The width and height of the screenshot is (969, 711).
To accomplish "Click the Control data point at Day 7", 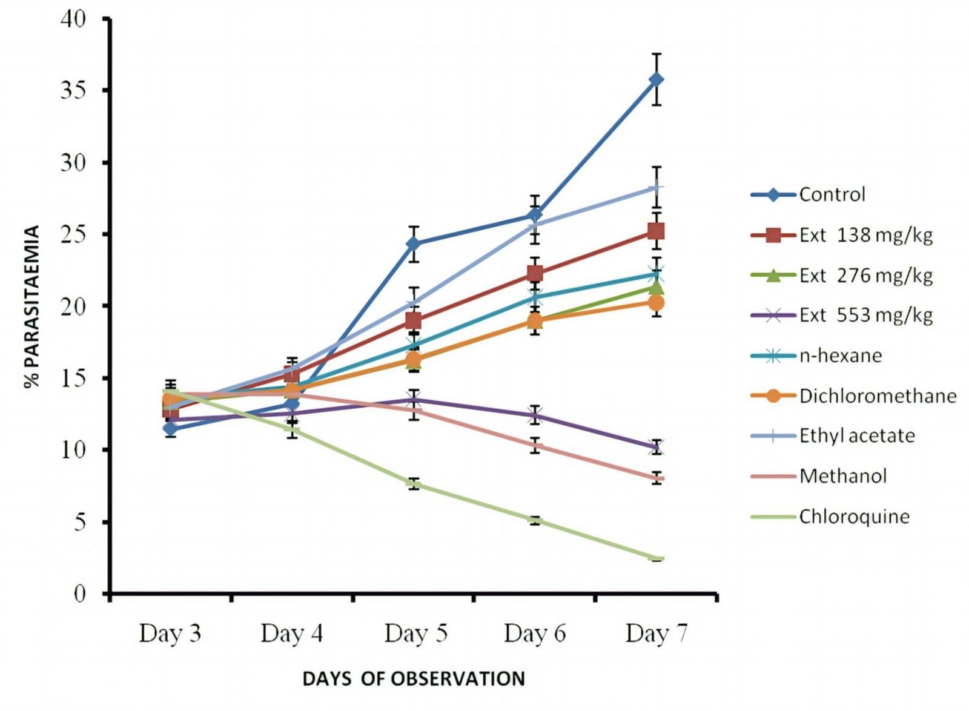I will click(x=656, y=79).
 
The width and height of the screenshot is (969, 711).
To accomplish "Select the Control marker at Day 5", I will click(x=414, y=244).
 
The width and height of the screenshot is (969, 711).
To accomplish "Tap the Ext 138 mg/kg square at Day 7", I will click(x=656, y=231).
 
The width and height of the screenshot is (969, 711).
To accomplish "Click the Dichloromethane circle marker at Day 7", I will click(x=656, y=302).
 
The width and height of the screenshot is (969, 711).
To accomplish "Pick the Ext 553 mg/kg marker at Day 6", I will click(x=535, y=415).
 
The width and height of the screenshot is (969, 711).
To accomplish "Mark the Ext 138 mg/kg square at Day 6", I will click(x=535, y=274).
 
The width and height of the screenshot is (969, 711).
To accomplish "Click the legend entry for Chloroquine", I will click(x=854, y=517).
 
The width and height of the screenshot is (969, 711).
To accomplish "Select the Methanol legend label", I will click(x=843, y=476).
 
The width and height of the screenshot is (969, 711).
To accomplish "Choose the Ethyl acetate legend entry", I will click(x=856, y=435).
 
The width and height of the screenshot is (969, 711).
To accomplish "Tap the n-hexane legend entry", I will click(x=840, y=355).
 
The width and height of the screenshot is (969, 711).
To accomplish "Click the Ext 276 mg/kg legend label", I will click(x=865, y=275).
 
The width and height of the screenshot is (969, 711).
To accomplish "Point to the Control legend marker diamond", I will click(x=773, y=194).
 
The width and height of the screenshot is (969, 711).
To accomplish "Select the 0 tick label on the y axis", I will click(x=80, y=593).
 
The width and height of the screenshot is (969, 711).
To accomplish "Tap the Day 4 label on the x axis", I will click(x=291, y=633).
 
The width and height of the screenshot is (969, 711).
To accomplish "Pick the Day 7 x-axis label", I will click(x=656, y=633).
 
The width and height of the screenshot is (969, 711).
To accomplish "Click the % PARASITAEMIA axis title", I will click(x=32, y=306).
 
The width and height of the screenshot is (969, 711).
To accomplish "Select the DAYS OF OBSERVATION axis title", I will click(x=414, y=679).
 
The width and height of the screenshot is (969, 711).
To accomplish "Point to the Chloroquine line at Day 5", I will click(x=414, y=483).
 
